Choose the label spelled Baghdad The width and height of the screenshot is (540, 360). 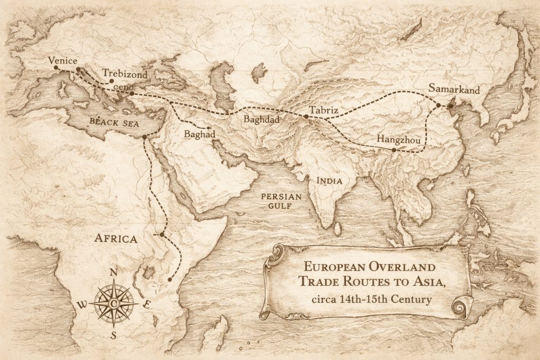[261, 119]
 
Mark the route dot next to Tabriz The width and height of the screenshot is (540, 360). [306, 116]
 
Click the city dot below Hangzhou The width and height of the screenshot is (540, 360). [394, 150]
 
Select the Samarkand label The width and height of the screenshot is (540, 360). [454, 90]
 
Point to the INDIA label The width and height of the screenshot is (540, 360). [330, 181]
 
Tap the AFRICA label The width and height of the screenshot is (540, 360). [115, 238]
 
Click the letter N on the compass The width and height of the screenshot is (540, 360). [113, 273]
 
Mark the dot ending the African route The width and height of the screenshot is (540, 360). [170, 279]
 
